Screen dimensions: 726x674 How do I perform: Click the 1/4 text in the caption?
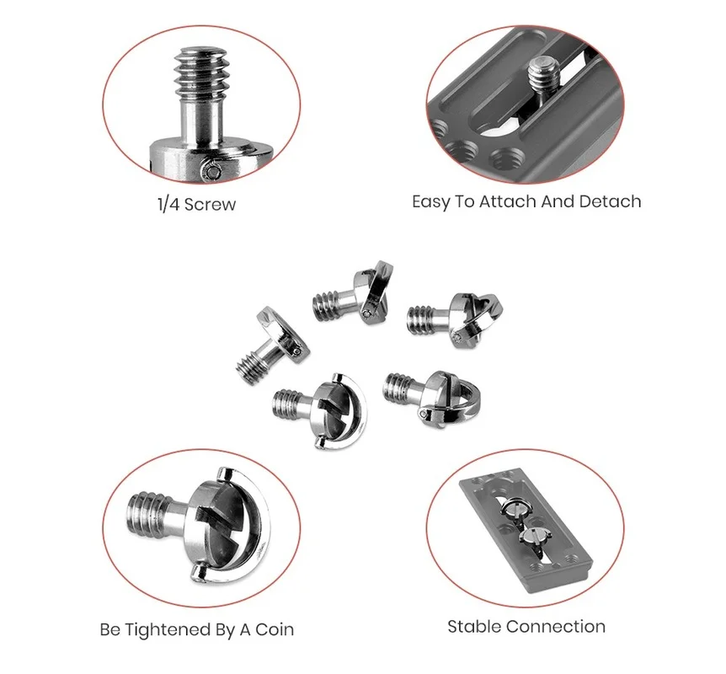tap(168, 204)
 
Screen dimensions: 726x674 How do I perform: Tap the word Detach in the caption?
tap(611, 201)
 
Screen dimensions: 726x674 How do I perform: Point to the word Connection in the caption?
tap(556, 627)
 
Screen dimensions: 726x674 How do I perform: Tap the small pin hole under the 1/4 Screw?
tap(212, 172)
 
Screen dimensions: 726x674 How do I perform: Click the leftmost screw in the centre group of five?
tap(272, 345)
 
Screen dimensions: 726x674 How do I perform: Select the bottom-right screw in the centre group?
tap(431, 399)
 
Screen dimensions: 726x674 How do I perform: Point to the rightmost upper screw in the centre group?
tap(456, 319)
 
